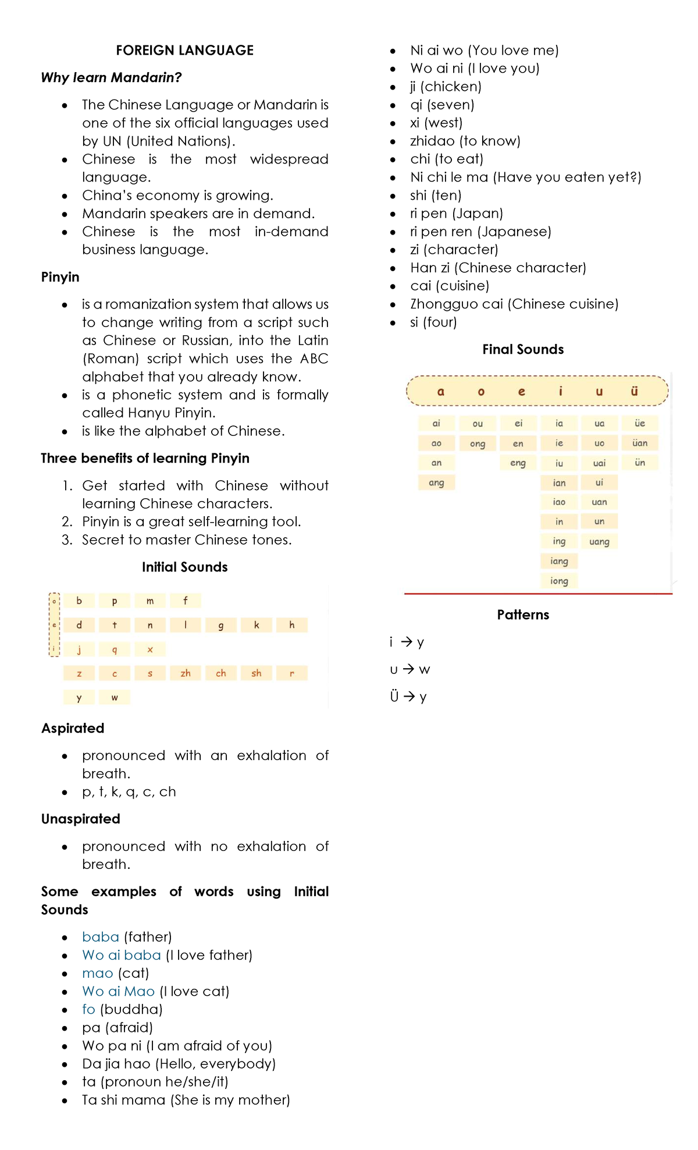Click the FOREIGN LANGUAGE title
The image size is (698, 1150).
[x=184, y=51]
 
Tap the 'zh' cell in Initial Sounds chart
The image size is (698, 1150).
[x=186, y=673]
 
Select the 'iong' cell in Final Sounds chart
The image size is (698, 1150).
[x=559, y=581]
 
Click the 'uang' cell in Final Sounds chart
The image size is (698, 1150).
[x=599, y=542]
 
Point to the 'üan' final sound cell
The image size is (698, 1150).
[x=640, y=443]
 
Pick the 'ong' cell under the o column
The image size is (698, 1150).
[x=478, y=443]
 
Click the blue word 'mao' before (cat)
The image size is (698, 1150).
[x=98, y=973]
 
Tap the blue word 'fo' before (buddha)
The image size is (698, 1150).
[x=88, y=1009]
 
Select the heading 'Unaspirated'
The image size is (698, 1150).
[x=80, y=819]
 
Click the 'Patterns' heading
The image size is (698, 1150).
[x=523, y=615]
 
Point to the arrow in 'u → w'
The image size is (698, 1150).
[x=408, y=669]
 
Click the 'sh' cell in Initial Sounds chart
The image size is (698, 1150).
[x=257, y=673]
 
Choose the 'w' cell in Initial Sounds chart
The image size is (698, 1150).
[x=115, y=697]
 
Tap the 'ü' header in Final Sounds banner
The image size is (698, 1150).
[x=634, y=391]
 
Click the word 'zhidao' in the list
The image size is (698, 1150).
[x=432, y=141]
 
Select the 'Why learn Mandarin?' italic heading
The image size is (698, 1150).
[x=112, y=77]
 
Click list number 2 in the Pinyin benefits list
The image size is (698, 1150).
[x=67, y=521]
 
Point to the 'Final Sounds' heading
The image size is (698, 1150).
[x=523, y=349]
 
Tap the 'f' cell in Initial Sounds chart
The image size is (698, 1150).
[x=186, y=601]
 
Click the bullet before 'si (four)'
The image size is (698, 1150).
[x=393, y=322]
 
